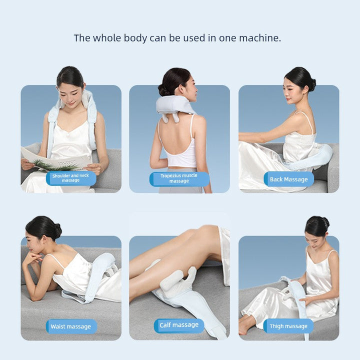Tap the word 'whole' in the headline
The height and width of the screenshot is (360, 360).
(107, 38)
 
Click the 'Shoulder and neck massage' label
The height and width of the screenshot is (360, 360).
(70, 178)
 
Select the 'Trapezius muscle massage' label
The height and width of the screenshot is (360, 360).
(179, 178)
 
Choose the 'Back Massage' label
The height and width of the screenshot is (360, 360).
(288, 179)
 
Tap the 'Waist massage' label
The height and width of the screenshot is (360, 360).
(71, 326)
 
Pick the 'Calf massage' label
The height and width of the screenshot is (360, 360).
(179, 325)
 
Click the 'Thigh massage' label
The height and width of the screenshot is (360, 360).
(288, 326)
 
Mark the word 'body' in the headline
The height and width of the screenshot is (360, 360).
(135, 38)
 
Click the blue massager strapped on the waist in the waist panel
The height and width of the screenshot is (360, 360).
(101, 275)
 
